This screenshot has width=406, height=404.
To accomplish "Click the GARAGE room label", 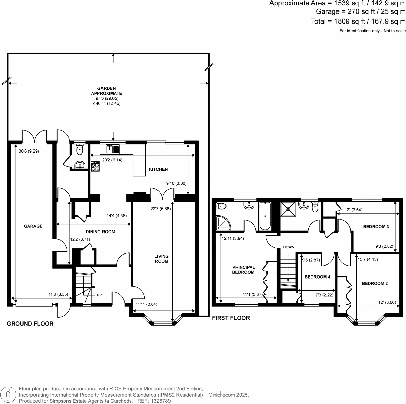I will tap(33, 226).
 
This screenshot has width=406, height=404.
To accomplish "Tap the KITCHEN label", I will tap(158, 169).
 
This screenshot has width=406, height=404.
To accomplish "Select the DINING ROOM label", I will tap(100, 232).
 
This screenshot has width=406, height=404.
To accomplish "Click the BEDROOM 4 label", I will tap(317, 277).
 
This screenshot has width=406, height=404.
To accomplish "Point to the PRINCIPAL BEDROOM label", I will tap(243, 270).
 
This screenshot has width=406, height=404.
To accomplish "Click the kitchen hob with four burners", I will tap(95, 166).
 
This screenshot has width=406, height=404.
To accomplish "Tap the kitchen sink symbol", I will tap(112, 149).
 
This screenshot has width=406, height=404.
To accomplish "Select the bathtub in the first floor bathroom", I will tap(265, 216).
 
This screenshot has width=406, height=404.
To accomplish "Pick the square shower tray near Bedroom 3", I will tap(288, 209).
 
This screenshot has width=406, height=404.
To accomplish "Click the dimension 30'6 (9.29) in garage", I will tap(29, 151).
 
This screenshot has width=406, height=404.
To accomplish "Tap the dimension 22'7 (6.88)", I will tap(160, 209).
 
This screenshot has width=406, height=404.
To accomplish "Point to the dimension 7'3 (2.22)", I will tap(324, 295).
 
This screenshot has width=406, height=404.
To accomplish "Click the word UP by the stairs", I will tap(99, 295).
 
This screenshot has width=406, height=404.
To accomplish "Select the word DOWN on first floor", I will tap(289, 247).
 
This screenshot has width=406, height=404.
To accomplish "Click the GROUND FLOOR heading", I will tap(30, 324).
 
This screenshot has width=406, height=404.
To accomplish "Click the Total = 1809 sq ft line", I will tap(358, 21).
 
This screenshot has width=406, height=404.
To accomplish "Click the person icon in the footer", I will tap(8, 395).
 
